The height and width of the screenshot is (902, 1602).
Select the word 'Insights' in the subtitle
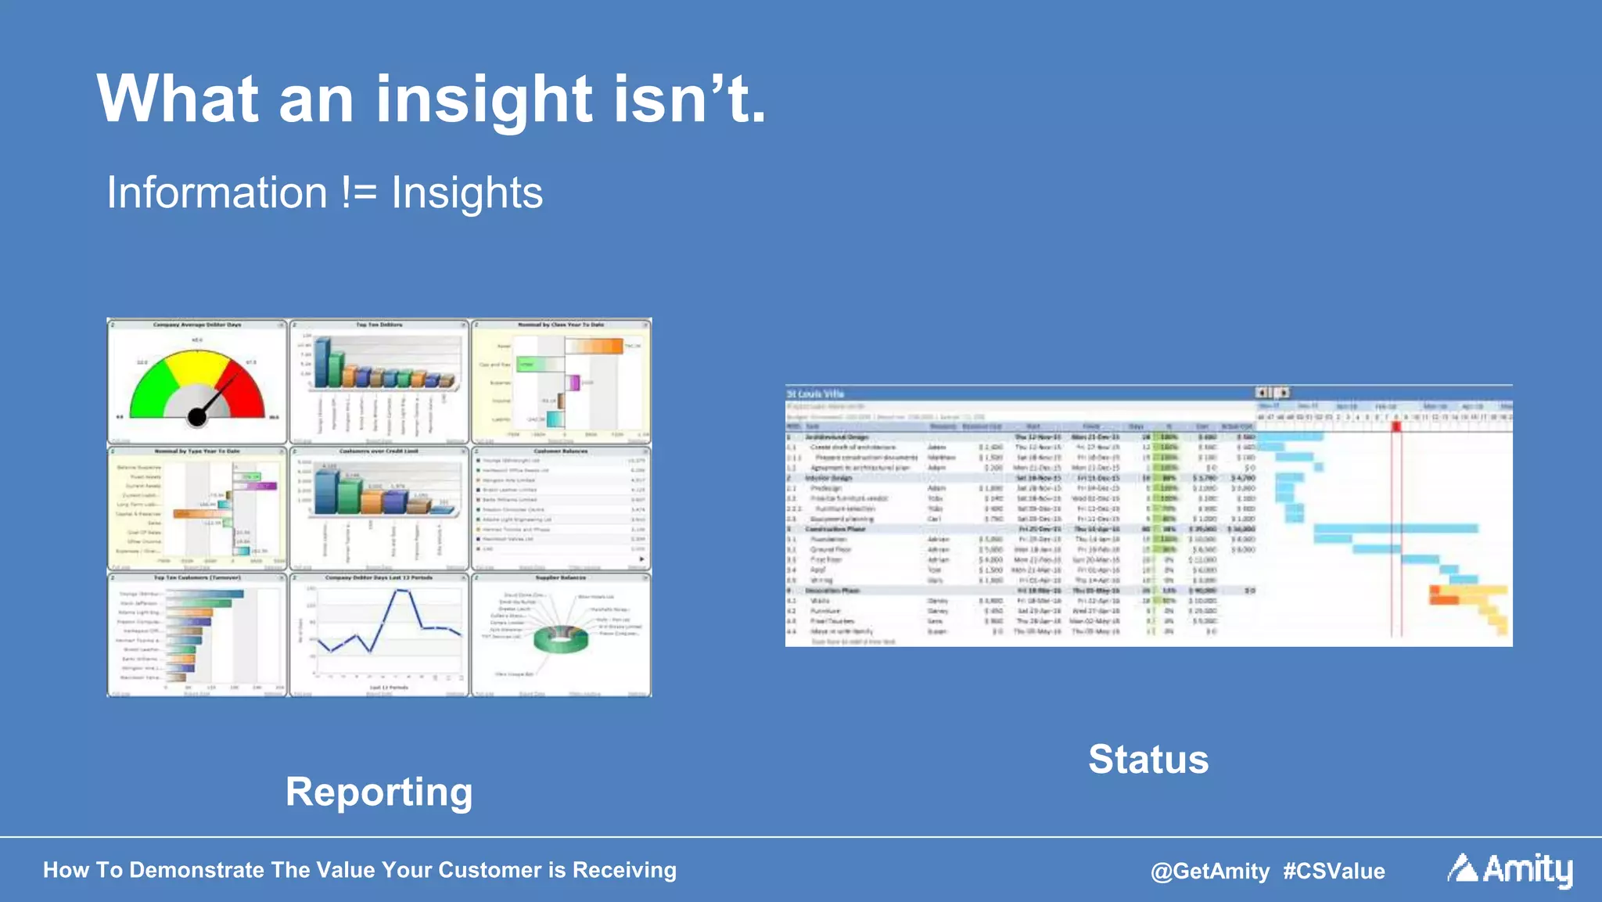[x=466, y=193]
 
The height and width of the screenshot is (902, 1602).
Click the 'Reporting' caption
[x=379, y=792]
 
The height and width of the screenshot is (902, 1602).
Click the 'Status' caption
[x=1148, y=759]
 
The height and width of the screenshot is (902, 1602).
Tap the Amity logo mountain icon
[x=1461, y=868]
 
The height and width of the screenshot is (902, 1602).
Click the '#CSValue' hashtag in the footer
[x=1334, y=871]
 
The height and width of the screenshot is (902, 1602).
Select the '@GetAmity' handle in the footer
[x=1210, y=871]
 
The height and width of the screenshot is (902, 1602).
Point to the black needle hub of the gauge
[x=197, y=417]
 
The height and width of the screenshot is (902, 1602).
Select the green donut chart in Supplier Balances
[x=560, y=639]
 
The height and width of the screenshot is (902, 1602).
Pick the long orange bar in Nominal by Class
[x=594, y=346]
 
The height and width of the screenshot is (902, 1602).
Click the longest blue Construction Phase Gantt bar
[x=1395, y=529]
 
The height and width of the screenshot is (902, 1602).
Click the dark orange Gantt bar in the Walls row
[x=1444, y=600]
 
